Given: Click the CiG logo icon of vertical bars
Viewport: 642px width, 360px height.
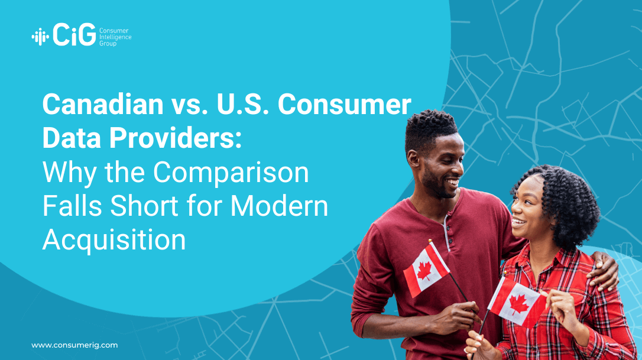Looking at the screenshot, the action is pyautogui.click(x=40, y=37).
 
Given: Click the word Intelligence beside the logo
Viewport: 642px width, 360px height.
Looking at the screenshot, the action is pyautogui.click(x=115, y=37).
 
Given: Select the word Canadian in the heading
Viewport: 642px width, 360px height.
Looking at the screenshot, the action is pyautogui.click(x=103, y=104).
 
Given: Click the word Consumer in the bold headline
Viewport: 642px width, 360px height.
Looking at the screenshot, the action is pyautogui.click(x=344, y=104).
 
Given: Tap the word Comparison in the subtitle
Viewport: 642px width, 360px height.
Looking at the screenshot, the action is pyautogui.click(x=231, y=173).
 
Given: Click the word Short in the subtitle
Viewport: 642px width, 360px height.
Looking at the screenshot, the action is pyautogui.click(x=144, y=206).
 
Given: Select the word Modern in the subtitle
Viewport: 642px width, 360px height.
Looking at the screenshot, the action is pyautogui.click(x=279, y=206).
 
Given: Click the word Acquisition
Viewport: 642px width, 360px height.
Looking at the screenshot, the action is pyautogui.click(x=114, y=240).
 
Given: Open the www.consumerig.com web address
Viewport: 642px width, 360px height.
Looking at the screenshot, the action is pyautogui.click(x=74, y=345).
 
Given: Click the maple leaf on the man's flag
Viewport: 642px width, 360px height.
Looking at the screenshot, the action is pyautogui.click(x=424, y=271).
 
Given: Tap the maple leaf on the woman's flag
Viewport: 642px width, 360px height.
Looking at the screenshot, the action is pyautogui.click(x=519, y=304).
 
